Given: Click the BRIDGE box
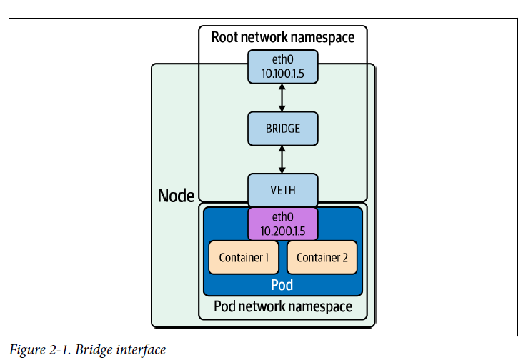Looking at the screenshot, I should tap(282, 129).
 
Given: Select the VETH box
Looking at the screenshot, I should tap(282, 191).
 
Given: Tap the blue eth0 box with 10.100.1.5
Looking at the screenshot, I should tap(282, 66).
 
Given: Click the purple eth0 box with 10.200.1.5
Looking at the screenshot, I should tap(282, 224).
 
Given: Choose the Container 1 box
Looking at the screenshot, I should tap(244, 258).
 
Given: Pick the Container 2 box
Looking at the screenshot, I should tap(322, 258).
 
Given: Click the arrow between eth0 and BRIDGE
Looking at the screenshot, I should tap(282, 98).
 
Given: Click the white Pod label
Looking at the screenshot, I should tap(282, 285).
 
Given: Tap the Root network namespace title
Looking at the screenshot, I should tap(282, 37).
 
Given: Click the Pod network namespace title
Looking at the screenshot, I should tap(283, 307).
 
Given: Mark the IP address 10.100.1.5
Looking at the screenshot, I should tap(282, 73).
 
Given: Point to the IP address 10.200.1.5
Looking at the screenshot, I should tap(282, 230).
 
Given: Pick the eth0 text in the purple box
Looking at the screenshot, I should tap(282, 216).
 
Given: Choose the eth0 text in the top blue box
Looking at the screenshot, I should tap(282, 60).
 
